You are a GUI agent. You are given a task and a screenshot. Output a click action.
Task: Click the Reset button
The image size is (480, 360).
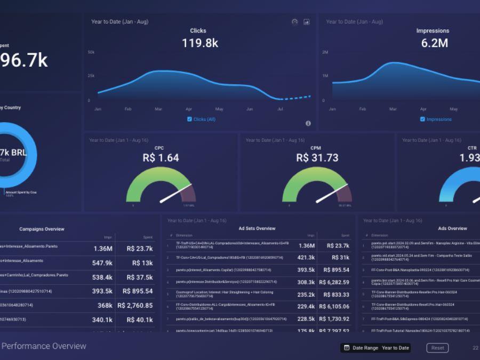(x=437, y=348)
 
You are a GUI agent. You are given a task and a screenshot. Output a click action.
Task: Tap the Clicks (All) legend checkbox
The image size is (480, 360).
(x=189, y=119)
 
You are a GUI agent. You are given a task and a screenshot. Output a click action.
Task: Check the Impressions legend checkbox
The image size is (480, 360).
(x=423, y=119)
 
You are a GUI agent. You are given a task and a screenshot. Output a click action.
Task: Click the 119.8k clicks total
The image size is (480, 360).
(x=200, y=43)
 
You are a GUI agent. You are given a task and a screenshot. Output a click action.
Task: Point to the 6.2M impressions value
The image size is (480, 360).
(x=435, y=43)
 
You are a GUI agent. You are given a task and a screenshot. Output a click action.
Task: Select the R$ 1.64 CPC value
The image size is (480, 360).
(x=161, y=158)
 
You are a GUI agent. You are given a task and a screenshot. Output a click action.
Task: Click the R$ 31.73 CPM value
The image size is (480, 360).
(x=317, y=158)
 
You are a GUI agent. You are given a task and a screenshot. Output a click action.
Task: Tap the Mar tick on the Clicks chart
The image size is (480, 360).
(x=158, y=109)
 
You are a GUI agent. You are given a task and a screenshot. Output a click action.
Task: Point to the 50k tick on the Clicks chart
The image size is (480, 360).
(x=91, y=52)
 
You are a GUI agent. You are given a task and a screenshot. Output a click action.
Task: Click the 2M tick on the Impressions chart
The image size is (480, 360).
(x=325, y=52)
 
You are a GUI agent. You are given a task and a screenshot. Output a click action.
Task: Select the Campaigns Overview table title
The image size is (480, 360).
(x=42, y=229)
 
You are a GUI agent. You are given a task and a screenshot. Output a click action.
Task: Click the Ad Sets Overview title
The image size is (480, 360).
(x=257, y=228)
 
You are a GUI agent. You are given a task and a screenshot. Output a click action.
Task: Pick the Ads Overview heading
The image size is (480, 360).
(x=453, y=228)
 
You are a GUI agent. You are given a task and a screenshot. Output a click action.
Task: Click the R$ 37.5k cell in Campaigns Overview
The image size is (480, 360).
(x=139, y=277)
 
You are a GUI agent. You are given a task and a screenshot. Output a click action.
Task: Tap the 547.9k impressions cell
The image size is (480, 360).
(x=102, y=263)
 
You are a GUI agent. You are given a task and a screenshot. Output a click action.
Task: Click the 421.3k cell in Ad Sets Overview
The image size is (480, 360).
(x=306, y=258)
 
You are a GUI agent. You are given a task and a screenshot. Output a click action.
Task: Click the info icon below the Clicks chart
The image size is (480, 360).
(x=308, y=123)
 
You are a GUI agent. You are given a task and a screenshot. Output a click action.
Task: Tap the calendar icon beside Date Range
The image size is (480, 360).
(x=347, y=348)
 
